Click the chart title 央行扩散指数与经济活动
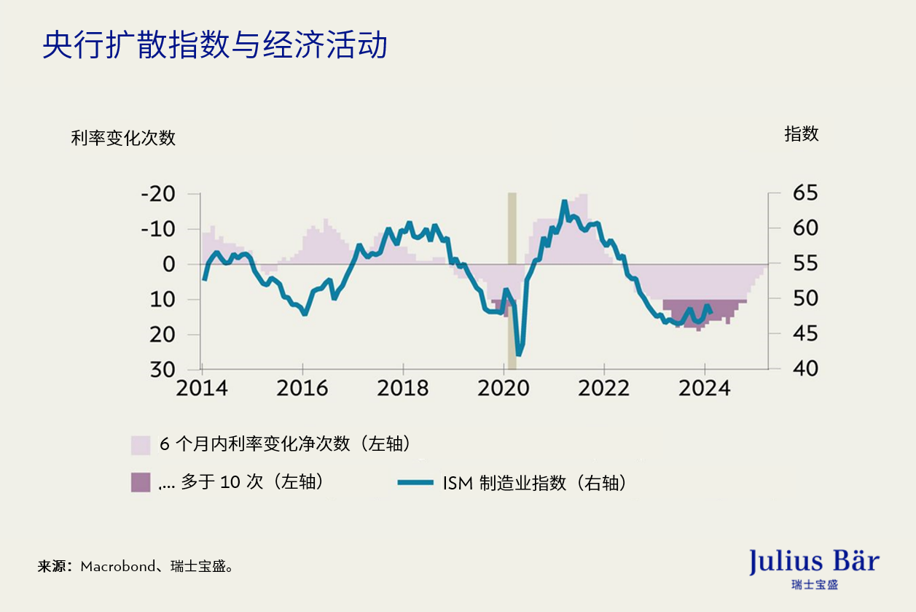[x=214, y=45]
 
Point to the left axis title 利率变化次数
[x=123, y=138]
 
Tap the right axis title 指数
[x=801, y=134]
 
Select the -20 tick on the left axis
[x=158, y=194]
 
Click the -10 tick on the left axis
[x=158, y=229]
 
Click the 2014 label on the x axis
[x=203, y=388]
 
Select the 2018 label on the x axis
[x=403, y=388]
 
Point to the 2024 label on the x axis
[x=705, y=388]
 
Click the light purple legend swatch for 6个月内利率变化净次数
[x=141, y=445]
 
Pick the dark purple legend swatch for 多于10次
[x=141, y=482]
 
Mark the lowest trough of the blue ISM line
[x=519, y=355]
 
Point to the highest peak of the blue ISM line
[x=564, y=202]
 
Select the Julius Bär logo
[x=814, y=567]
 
